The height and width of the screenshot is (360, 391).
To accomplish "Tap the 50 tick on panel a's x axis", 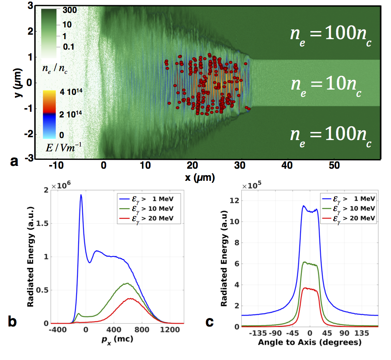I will pos(335,165).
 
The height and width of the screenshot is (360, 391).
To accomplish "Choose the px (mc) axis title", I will pos(119,340).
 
